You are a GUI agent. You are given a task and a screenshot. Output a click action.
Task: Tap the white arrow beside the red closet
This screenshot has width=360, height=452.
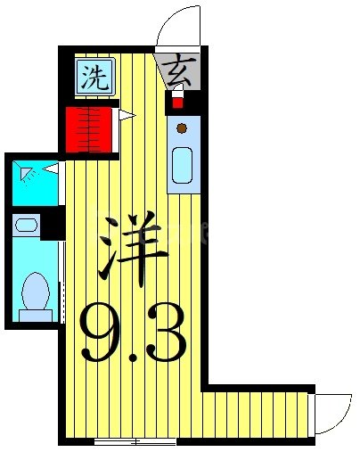point(127,114)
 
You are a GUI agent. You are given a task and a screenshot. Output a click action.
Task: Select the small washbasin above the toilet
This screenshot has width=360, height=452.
point(27,226)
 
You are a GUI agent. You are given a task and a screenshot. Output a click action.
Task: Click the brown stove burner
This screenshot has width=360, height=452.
point(182,128)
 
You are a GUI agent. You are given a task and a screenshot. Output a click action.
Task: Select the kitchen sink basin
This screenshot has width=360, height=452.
point(182,168)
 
